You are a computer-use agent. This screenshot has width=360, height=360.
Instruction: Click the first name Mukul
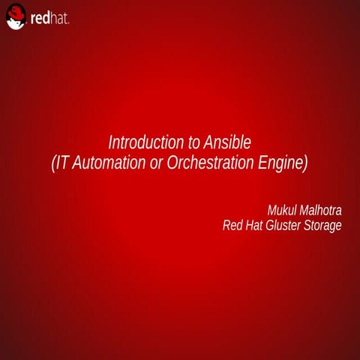(283, 209)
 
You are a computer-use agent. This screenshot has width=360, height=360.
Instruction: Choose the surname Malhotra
(321, 209)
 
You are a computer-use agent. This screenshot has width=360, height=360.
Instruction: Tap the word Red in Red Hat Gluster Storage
(233, 225)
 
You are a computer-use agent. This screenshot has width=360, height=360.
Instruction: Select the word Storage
(324, 225)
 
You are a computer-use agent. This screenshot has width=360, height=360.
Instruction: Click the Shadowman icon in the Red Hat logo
(16, 16)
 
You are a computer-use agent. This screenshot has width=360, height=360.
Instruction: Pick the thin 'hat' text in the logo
(60, 18)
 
